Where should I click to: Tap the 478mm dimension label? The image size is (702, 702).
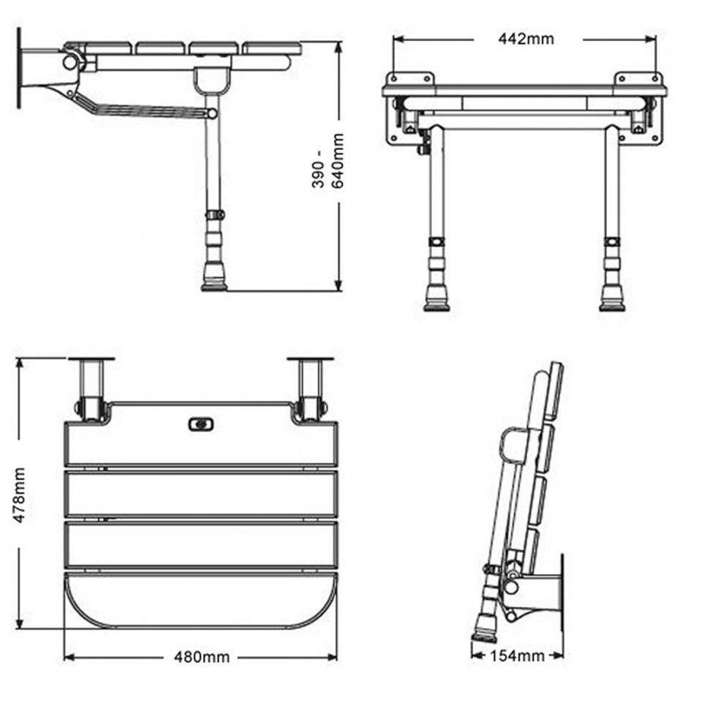pos(21,495)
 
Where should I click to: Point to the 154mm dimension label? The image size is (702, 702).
pos(518,656)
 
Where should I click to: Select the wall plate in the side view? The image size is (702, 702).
pos(20,67)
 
